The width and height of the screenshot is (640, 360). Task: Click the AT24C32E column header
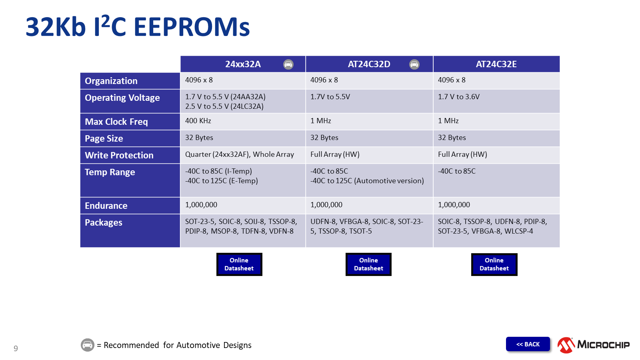click(496, 64)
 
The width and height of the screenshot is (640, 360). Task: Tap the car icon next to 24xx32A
click(288, 64)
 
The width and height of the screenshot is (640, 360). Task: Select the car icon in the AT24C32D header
click(414, 64)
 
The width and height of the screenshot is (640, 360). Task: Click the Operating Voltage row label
click(122, 98)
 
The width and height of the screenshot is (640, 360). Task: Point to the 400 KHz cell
click(198, 121)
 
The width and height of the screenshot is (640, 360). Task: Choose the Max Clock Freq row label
click(116, 122)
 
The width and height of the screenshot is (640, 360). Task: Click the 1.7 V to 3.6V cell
click(459, 97)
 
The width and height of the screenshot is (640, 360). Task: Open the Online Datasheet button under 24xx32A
click(239, 264)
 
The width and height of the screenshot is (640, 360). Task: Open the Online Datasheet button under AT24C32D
click(368, 264)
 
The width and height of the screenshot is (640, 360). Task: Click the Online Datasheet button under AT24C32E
click(494, 264)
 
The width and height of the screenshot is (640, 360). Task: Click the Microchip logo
click(594, 345)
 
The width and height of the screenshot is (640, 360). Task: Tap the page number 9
click(16, 348)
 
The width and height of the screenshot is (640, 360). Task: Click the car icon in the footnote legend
click(88, 345)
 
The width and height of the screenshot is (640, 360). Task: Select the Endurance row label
click(106, 206)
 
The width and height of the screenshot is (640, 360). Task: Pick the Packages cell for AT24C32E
click(492, 226)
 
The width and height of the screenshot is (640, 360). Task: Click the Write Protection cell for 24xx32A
click(239, 154)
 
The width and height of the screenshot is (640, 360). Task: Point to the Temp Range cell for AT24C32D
click(367, 176)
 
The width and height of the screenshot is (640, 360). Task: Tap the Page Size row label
click(104, 138)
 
